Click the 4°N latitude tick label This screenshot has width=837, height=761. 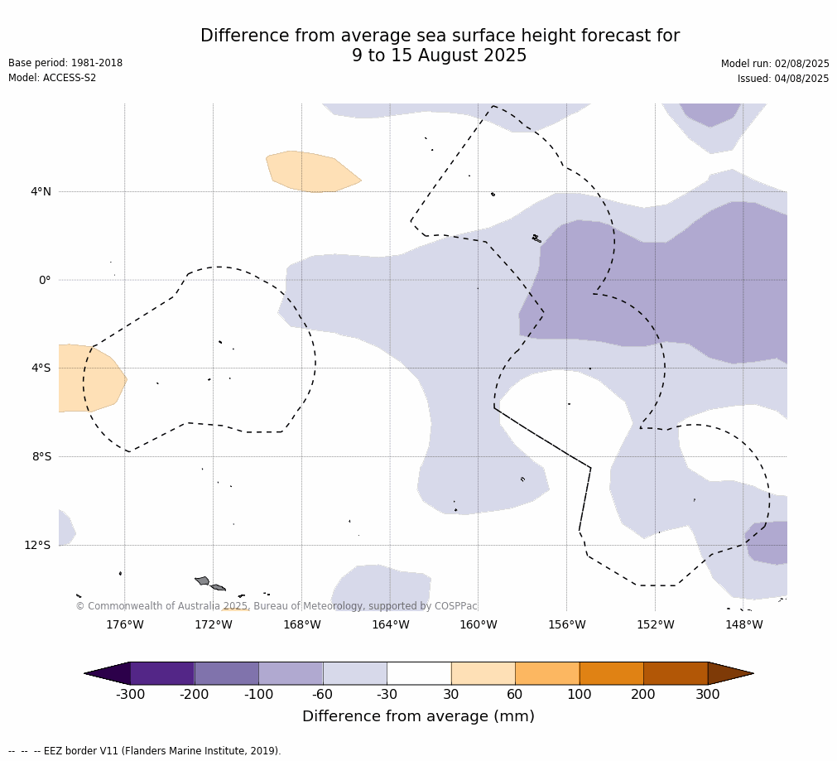[41, 191]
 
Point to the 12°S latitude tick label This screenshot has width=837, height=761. [37, 545]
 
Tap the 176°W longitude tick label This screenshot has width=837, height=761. [125, 624]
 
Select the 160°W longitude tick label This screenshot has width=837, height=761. [479, 624]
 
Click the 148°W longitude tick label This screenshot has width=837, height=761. [744, 624]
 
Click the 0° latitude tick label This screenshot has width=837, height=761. [45, 280]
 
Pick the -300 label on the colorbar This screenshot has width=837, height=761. [130, 694]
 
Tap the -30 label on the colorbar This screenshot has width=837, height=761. [387, 694]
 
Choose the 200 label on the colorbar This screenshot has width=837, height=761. [643, 694]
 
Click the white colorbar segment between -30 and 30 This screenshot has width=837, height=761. [419, 673]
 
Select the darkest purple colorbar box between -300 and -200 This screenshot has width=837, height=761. [162, 673]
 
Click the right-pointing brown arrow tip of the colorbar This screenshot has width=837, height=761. [753, 673]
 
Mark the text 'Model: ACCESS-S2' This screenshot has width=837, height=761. [52, 78]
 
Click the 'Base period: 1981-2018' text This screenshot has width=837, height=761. [65, 62]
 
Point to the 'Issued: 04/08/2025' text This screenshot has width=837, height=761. [783, 79]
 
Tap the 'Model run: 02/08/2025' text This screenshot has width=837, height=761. [775, 64]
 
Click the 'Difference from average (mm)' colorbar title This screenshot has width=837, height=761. [419, 716]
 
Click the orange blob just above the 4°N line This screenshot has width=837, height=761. [313, 171]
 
